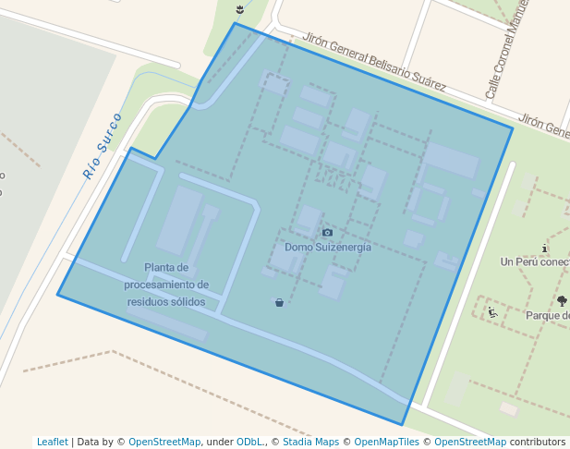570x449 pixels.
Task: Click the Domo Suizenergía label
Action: coord(327,247)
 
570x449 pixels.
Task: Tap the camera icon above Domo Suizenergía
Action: coord(327,232)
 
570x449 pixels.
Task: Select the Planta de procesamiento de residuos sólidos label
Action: coord(166,285)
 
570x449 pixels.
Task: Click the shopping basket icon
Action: coord(279,302)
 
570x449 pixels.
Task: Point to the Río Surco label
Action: coord(103,145)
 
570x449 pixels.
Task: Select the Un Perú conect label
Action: coord(535,261)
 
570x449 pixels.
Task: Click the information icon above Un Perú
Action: coord(545,248)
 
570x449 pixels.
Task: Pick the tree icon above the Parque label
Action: coord(562,300)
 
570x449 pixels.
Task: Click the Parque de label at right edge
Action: coord(547,315)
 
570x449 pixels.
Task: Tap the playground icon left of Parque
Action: coord(492,312)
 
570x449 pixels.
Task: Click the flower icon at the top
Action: coord(240,9)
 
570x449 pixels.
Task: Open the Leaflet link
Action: coord(53,442)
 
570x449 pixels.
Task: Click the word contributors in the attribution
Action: coord(538,442)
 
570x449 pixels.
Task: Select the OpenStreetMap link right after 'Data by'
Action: coord(164,442)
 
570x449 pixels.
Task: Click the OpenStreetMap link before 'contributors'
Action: coord(470,442)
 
